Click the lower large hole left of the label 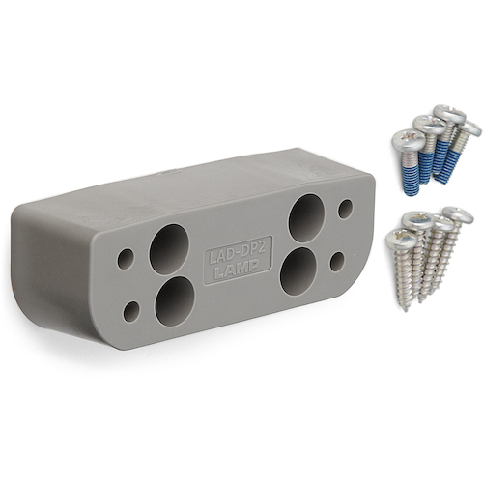[175, 300]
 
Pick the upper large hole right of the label [306, 218]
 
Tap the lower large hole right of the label [298, 271]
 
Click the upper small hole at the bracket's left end [126, 259]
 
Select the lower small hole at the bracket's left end [131, 311]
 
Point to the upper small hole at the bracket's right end [345, 209]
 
